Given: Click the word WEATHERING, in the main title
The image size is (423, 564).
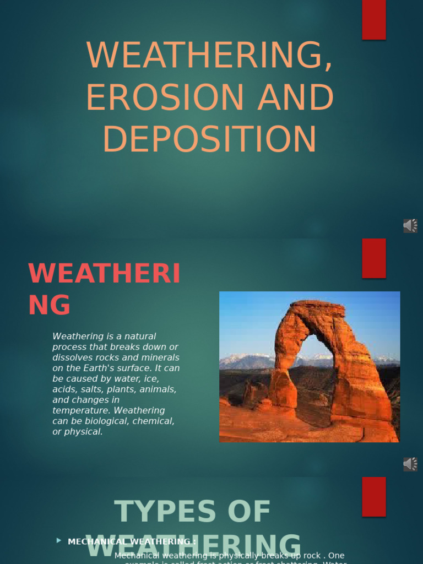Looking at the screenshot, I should [x=210, y=56].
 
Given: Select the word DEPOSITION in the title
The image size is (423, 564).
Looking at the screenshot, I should [x=210, y=139].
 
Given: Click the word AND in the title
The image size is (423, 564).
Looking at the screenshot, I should [x=296, y=97].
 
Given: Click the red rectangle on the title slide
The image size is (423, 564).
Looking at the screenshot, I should [x=373, y=20].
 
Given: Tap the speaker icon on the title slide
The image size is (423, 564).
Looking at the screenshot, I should [x=410, y=226].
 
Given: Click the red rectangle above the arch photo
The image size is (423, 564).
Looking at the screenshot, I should [x=373, y=258].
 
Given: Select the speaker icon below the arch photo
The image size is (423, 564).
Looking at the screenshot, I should [x=410, y=464].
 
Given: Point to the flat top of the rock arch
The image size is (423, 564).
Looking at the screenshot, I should [x=318, y=305].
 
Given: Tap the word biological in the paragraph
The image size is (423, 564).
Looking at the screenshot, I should [x=113, y=421].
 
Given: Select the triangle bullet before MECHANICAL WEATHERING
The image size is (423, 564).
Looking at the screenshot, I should [x=59, y=541].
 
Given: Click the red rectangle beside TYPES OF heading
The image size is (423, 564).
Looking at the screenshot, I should [x=373, y=497].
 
